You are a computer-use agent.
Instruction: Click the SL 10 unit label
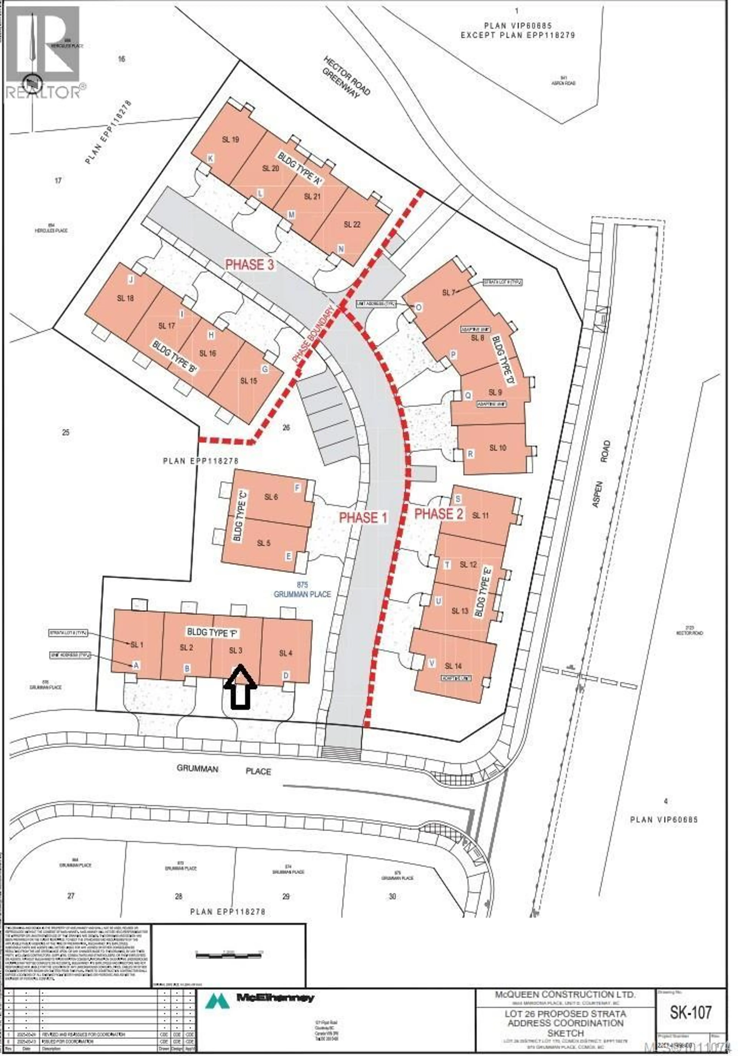(x=498, y=447)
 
